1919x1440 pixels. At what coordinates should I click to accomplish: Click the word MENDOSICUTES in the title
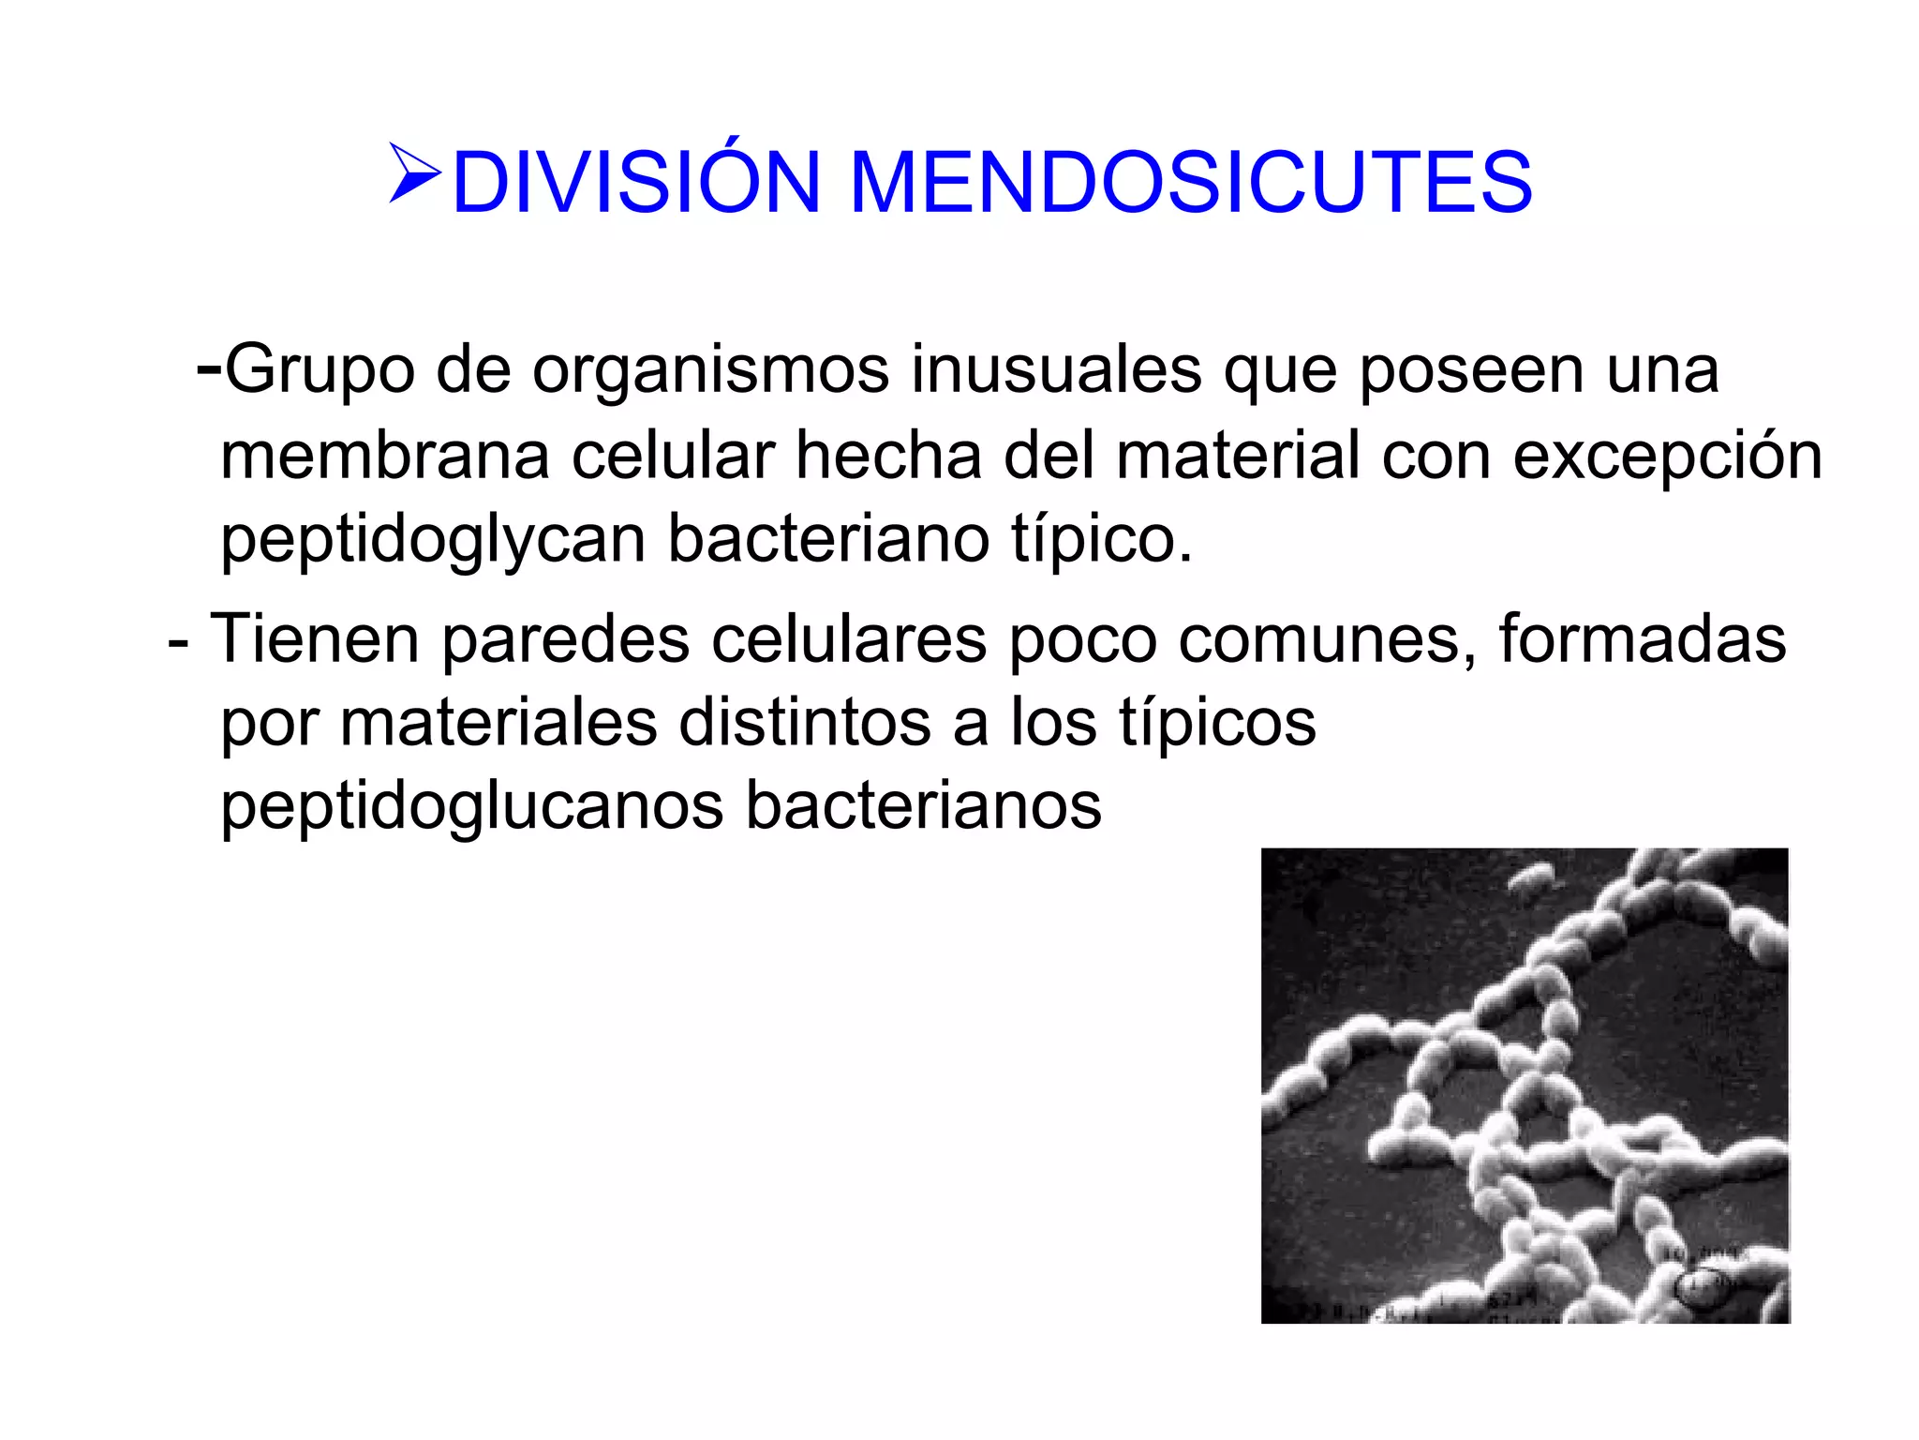pyautogui.click(x=1190, y=182)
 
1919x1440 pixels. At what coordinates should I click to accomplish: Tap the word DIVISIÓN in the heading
pyautogui.click(x=636, y=182)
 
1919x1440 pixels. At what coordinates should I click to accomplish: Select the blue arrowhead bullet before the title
pyautogui.click(x=414, y=174)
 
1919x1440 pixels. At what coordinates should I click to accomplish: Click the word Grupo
pyautogui.click(x=320, y=370)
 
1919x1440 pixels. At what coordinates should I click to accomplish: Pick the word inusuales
pyautogui.click(x=1056, y=370)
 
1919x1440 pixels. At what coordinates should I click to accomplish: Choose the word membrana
pyautogui.click(x=385, y=457)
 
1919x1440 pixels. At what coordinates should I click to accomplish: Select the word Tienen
pyautogui.click(x=314, y=640)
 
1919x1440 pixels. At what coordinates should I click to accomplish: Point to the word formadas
pyautogui.click(x=1642, y=640)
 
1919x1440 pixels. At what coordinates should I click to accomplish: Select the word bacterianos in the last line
pyautogui.click(x=923, y=806)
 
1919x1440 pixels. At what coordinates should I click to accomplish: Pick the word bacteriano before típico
pyautogui.click(x=828, y=541)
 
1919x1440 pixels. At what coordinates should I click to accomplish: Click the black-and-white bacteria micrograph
pyautogui.click(x=1525, y=1086)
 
